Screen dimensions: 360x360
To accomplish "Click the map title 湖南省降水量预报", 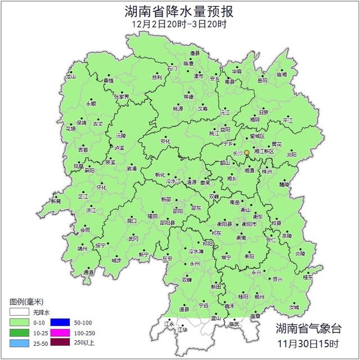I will click(179, 11).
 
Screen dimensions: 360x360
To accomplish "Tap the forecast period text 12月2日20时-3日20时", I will click(179, 24).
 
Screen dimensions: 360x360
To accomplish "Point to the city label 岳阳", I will click(263, 80).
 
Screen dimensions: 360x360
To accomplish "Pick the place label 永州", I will click(195, 263).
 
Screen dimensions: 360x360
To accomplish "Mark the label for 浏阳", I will click(291, 154).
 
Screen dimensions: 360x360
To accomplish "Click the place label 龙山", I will click(71, 76).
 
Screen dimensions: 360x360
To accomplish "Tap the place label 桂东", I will click(308, 277).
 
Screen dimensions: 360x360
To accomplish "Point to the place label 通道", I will click(89, 272).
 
